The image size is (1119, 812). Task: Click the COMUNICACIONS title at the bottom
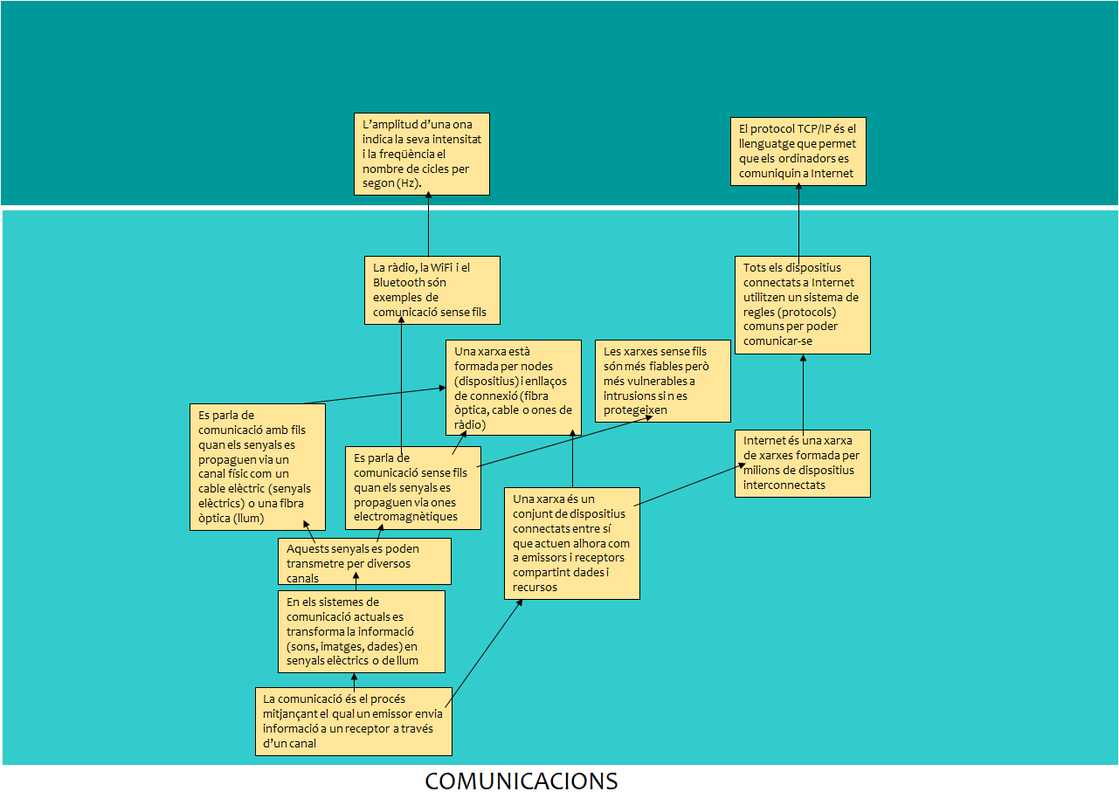[521, 781]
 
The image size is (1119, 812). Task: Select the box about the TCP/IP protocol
[798, 151]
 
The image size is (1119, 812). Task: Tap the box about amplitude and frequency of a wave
[421, 154]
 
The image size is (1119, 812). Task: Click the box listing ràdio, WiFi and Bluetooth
[432, 290]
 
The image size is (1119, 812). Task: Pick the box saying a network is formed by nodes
[513, 388]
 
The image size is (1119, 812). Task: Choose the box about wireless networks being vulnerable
[662, 381]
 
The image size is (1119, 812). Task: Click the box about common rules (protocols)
[802, 305]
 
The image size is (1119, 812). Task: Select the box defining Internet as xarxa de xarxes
[802, 464]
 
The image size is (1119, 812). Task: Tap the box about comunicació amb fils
[257, 466]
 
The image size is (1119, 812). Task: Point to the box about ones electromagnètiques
[413, 487]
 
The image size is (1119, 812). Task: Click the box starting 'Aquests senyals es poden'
[363, 561]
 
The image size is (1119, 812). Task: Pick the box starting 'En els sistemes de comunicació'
[361, 631]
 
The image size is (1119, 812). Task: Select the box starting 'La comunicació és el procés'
[353, 721]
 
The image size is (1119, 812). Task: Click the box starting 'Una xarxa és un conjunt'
[571, 543]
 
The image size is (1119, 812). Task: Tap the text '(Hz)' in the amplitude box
[409, 183]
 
